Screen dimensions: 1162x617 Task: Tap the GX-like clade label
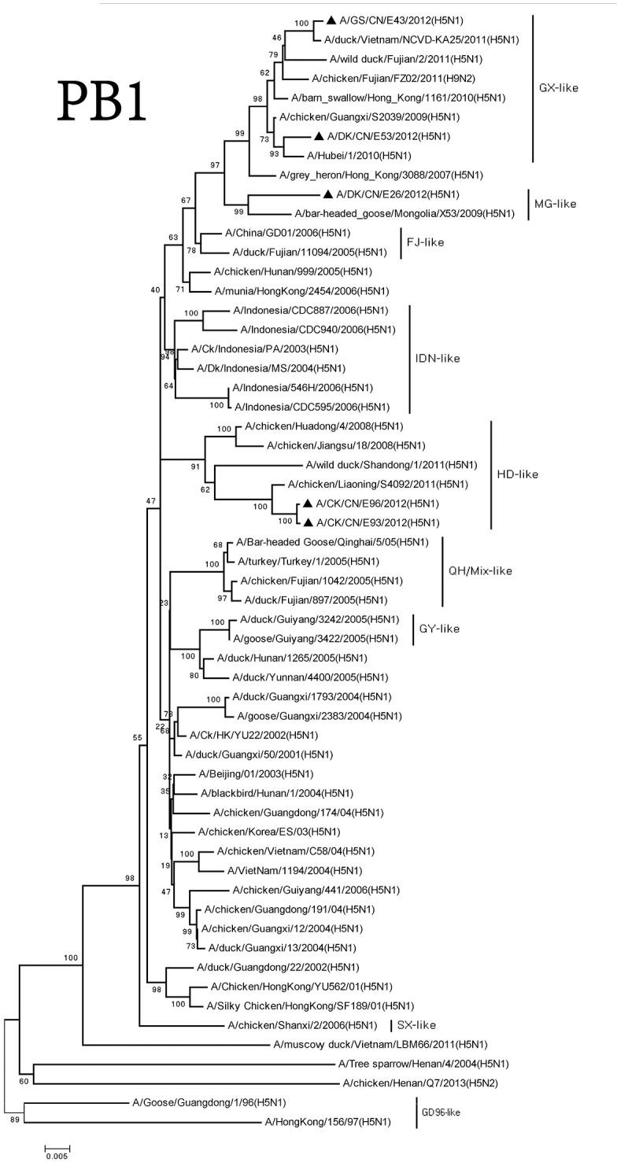(x=559, y=87)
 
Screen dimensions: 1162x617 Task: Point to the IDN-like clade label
(x=438, y=359)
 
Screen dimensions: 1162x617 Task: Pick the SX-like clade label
(x=417, y=1025)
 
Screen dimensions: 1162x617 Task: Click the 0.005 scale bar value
(x=56, y=1156)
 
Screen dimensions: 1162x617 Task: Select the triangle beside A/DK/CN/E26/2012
(x=327, y=194)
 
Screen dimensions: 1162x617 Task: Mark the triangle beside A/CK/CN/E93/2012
(x=308, y=522)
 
